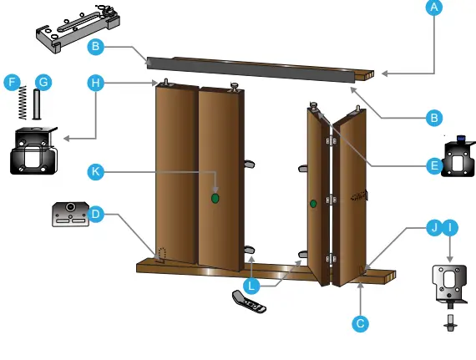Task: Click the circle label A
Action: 433,8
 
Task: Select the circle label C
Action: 360,322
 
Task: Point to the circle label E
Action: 433,165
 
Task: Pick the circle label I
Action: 451,227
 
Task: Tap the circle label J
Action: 433,227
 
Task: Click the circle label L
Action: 251,285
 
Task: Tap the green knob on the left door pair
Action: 215,199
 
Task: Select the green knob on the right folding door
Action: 313,203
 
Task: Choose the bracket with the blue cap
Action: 458,158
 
